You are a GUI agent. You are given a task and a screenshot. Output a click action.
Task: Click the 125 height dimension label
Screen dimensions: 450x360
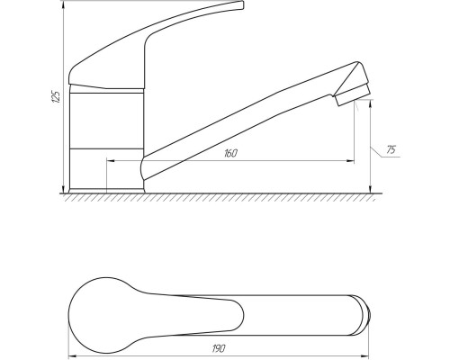(57, 96)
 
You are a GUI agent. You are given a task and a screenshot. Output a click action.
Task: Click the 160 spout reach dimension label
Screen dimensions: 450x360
(230, 153)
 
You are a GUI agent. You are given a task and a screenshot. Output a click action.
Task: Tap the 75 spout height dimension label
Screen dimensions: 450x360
(391, 149)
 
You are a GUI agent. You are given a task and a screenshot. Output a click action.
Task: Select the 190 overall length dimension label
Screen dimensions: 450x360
(219, 348)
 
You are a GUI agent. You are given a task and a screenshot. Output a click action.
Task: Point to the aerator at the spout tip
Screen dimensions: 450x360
(352, 94)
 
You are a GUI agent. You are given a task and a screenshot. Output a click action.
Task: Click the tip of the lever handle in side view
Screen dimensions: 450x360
(242, 5)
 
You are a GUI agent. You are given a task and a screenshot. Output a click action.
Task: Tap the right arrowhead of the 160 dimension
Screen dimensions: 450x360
(351, 161)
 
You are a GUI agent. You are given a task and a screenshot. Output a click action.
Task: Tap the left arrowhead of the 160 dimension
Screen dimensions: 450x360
(111, 161)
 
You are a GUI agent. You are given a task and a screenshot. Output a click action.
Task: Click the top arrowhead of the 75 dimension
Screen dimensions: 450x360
(371, 103)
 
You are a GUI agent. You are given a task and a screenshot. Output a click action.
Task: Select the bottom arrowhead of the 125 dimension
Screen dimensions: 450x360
(63, 189)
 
